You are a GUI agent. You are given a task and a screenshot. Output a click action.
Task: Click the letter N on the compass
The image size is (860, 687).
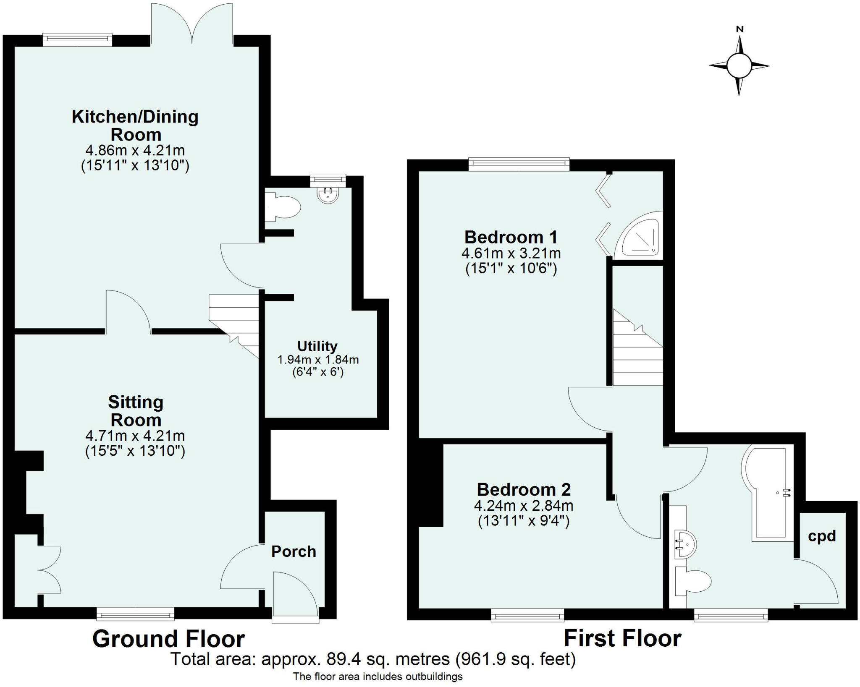click(x=740, y=29)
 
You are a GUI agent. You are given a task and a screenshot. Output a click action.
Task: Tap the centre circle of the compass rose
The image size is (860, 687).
click(x=739, y=66)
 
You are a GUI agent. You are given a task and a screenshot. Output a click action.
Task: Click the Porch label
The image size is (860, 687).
click(x=294, y=551)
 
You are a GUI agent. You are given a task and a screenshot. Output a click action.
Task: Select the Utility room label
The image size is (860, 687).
click(x=317, y=346)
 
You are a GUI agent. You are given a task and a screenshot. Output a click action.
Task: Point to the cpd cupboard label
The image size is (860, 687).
click(x=822, y=536)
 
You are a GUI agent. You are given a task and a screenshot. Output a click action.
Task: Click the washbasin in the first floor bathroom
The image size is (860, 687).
click(x=685, y=545)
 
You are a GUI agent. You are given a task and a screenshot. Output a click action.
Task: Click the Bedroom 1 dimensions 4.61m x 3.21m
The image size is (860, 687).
click(x=511, y=253)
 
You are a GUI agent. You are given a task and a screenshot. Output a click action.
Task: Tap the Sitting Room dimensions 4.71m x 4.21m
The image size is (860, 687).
click(x=135, y=436)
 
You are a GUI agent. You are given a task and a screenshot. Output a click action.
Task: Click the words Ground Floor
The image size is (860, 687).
click(x=168, y=639)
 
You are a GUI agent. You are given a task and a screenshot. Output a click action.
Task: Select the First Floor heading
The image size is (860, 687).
click(x=622, y=638)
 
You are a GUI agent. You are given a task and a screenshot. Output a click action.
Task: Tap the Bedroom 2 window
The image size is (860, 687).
click(x=527, y=616)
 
